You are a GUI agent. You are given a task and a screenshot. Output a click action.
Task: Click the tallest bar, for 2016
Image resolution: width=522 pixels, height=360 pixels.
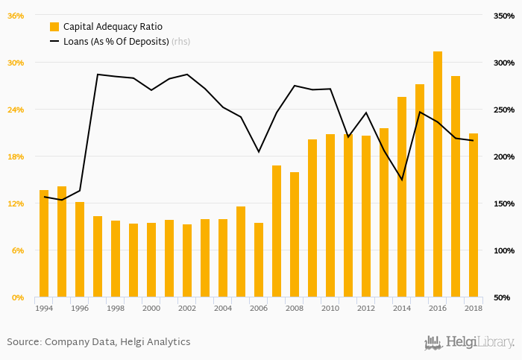point(438,174)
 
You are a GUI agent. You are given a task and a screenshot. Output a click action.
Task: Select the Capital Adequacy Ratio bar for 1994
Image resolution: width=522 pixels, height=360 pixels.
point(44,244)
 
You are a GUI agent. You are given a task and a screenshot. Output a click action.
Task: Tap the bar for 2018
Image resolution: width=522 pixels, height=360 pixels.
point(474,215)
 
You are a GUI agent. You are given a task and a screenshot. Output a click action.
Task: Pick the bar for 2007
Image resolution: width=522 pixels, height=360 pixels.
point(277,231)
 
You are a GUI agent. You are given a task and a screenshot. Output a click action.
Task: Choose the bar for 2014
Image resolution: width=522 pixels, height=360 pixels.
point(402,197)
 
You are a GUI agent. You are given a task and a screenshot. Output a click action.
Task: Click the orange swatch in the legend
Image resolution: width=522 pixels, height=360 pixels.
point(54,27)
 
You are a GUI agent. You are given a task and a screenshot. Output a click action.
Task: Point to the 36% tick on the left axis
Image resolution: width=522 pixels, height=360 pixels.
point(16,16)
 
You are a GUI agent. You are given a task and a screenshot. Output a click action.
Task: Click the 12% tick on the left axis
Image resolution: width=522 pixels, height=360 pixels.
point(16,203)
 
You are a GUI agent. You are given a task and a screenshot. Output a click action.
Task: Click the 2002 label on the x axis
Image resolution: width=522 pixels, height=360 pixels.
point(187,308)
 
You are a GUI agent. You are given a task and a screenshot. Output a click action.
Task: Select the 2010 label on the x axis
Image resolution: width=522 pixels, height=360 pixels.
point(330,308)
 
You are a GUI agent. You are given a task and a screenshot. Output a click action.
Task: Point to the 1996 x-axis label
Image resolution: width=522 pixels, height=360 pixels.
point(80,308)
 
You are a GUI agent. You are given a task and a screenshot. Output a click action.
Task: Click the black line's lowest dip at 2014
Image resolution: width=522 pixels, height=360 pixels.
point(402,180)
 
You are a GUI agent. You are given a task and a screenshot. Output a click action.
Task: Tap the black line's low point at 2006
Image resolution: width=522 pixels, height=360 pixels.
point(259,152)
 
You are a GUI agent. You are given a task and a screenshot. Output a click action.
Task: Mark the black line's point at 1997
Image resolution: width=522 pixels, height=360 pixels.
point(98,75)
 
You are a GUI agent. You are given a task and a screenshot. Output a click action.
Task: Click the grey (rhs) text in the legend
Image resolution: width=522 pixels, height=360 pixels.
point(181,42)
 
